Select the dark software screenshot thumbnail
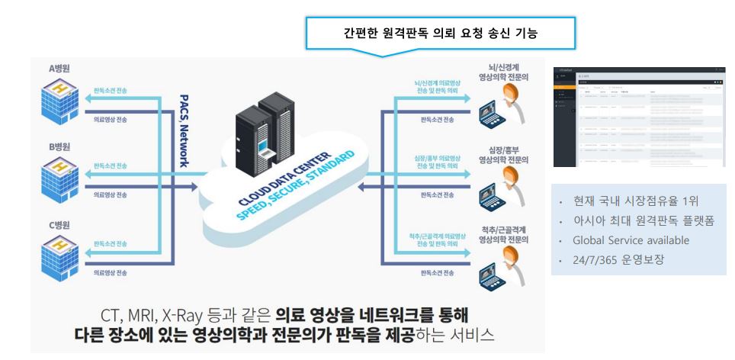click(x=639, y=114)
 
